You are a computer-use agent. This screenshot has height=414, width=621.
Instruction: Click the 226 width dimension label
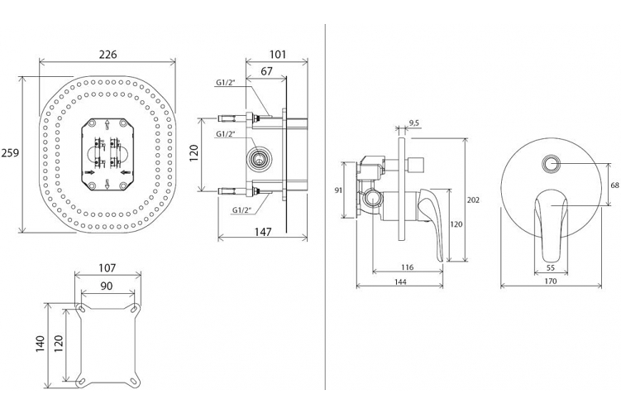pos(107,55)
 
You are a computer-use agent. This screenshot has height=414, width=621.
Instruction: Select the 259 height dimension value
pos(10,152)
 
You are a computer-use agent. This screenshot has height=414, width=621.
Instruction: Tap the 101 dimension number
pos(277,55)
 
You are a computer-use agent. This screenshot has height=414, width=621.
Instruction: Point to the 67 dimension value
pos(267,71)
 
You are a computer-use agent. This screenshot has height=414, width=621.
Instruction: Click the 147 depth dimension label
pos(263,232)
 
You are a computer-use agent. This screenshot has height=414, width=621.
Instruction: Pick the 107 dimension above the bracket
pos(107,268)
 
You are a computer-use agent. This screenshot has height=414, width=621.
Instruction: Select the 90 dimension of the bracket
pos(107,286)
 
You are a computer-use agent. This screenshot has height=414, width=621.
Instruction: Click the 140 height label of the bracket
pos(41,344)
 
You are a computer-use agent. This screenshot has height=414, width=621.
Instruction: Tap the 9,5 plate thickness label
pos(414,123)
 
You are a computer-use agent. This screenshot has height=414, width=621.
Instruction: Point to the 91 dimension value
pos(338,190)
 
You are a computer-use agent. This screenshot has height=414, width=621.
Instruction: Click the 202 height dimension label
pos(473,200)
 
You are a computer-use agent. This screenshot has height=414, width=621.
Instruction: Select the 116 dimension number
pos(407,267)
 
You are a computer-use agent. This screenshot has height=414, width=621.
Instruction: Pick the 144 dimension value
pos(401,282)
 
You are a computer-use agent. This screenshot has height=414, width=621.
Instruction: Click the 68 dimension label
pos(614,185)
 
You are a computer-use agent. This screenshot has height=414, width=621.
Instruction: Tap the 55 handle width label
pos(551,267)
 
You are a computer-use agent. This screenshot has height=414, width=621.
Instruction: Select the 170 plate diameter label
pos(551,282)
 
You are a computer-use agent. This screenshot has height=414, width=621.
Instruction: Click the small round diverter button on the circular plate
pos(551,163)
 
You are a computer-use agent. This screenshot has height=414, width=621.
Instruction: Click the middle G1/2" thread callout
pos(226,134)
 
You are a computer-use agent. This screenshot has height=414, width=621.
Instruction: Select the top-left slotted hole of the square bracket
pos(81,309)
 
